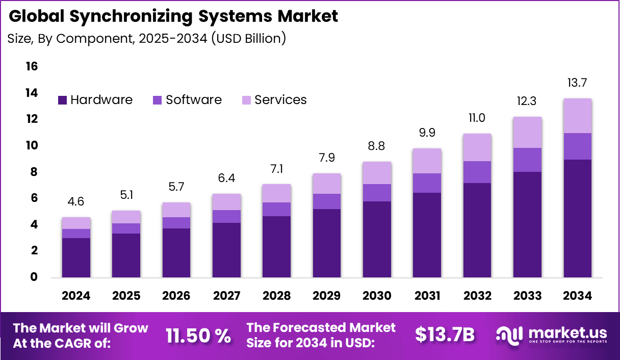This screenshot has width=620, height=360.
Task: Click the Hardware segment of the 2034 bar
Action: coord(578,218)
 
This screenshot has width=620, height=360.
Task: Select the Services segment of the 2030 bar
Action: coord(377,173)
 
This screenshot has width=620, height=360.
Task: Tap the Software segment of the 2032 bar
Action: coord(477,172)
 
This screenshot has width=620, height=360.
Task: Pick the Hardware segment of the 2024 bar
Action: coord(76,258)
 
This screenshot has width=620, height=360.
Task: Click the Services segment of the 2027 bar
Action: coord(226,202)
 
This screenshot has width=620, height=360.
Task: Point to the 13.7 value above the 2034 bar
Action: coord(578,83)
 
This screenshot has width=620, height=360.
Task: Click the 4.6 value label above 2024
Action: coord(76,201)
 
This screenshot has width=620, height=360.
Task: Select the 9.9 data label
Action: coord(427,133)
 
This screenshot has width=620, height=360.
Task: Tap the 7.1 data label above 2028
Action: coord(276,169)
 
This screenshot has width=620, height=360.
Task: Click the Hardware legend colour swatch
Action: coord(63,100)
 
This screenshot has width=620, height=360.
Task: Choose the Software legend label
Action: coord(194,100)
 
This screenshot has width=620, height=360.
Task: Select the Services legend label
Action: coord(280,100)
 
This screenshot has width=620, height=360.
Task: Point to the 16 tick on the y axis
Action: coord(31,66)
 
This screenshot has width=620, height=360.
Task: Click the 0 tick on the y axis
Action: coord(34,277)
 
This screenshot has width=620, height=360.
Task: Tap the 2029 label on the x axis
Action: coord(327,296)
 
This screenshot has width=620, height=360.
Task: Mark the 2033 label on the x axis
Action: coord(528,296)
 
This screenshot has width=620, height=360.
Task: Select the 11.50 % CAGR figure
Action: coord(198,335)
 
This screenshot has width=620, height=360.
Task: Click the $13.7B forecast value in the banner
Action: coord(445,335)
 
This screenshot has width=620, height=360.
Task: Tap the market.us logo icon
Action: coord(510,335)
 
